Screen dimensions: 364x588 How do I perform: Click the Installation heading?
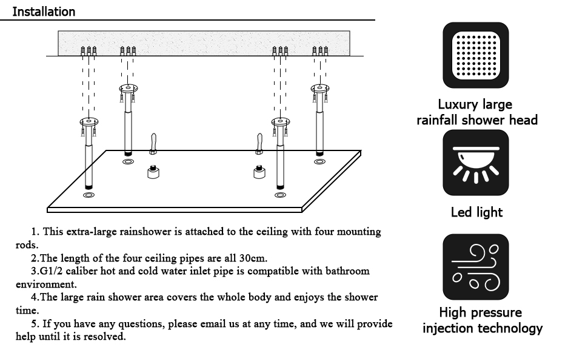tap(44, 12)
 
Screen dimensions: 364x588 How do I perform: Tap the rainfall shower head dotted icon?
tap(476, 55)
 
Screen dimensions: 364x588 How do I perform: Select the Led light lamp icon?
tap(476, 163)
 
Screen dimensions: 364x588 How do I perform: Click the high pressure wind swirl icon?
tap(476, 267)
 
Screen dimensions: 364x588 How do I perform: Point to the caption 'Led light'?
tap(476, 212)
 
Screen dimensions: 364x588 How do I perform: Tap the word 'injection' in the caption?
tap(449, 328)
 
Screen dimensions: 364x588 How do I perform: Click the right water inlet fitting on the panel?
tap(260, 172)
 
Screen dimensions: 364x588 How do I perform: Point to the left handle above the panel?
tap(154, 143)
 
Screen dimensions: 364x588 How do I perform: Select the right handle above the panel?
tap(259, 143)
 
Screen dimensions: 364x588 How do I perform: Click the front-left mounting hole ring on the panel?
tap(89, 195)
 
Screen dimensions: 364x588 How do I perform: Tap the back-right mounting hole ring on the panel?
tap(319, 161)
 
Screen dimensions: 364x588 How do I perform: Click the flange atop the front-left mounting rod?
tap(89, 122)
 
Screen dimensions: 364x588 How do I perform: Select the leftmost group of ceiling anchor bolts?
tap(89, 51)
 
